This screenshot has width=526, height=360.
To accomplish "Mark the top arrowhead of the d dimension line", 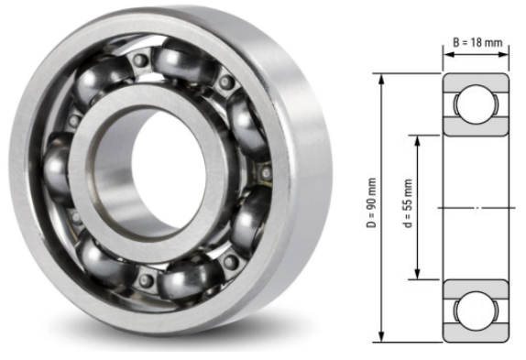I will pos(419,140).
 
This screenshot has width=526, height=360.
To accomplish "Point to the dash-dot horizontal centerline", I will pos(477,208).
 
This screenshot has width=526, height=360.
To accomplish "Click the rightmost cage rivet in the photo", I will pos(266,172).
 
